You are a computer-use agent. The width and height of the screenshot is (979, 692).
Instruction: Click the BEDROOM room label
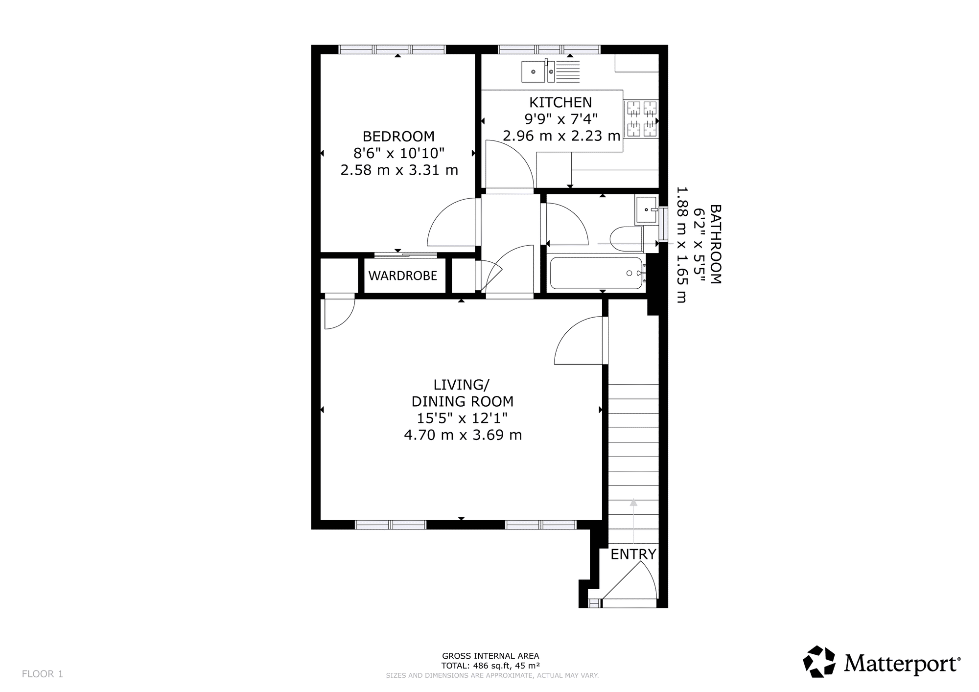(398, 136)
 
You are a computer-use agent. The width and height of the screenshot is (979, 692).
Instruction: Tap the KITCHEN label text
(560, 102)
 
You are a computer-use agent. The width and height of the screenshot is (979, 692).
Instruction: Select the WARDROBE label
(402, 276)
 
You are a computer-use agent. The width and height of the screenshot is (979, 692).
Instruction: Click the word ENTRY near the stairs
(633, 554)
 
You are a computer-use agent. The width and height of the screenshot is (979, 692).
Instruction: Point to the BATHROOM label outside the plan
(715, 244)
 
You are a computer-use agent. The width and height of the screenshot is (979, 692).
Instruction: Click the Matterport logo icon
(819, 662)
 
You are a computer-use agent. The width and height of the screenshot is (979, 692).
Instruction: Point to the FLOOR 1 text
(43, 674)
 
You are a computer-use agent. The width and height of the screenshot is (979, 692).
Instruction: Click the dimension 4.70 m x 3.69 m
(463, 435)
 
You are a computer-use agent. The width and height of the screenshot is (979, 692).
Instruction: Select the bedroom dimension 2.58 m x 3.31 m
(399, 170)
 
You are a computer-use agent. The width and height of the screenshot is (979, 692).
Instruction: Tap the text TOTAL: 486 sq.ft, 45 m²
(490, 666)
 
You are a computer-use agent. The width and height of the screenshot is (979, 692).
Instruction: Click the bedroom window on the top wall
(393, 49)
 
